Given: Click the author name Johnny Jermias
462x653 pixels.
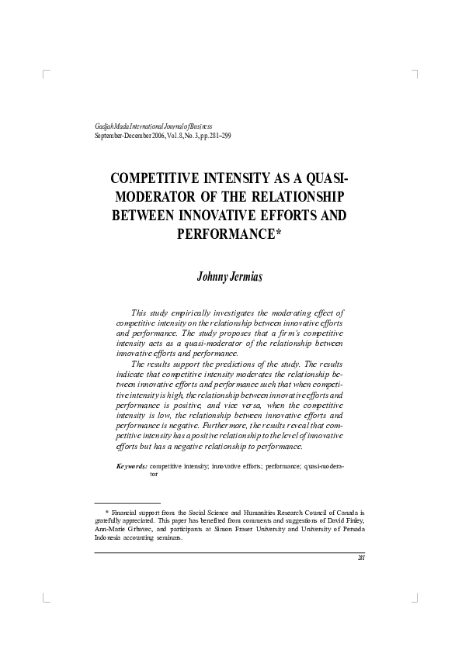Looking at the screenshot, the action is pyautogui.click(x=231, y=278).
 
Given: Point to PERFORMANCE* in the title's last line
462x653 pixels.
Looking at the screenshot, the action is pyautogui.click(x=231, y=232).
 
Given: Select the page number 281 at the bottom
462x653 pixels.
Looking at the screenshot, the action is pyautogui.click(x=361, y=558).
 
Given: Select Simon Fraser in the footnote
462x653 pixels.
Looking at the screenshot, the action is pyautogui.click(x=241, y=529).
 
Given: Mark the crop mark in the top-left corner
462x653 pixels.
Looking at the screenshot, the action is pyautogui.click(x=47, y=74).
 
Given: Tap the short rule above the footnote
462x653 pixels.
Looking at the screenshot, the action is pyautogui.click(x=127, y=503).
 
